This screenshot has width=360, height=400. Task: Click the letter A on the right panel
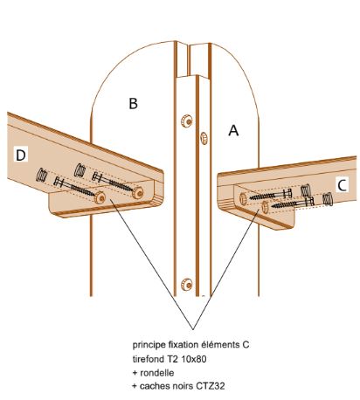pyautogui.click(x=233, y=130)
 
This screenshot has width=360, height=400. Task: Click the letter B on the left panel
pyautogui.click(x=133, y=104)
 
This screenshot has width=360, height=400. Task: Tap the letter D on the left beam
pyautogui.click(x=21, y=155)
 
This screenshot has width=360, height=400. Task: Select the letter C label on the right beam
pyautogui.click(x=342, y=185)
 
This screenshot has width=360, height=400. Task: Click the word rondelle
pyautogui.click(x=157, y=373)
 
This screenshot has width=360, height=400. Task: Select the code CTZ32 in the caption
pyautogui.click(x=210, y=386)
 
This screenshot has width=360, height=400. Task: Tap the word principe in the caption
pyautogui.click(x=149, y=345)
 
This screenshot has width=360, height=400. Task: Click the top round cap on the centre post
pyautogui.click(x=186, y=121)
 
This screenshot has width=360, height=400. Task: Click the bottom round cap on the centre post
pyautogui.click(x=186, y=284)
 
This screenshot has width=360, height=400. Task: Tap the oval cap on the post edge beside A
pyautogui.click(x=204, y=138)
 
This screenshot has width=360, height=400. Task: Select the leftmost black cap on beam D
pyautogui.click(x=42, y=176)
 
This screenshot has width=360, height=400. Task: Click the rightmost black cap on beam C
pyautogui.click(x=328, y=200)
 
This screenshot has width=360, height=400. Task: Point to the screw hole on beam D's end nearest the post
pyautogui.click(x=137, y=192)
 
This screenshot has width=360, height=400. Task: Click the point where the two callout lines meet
pyautogui.click(x=192, y=329)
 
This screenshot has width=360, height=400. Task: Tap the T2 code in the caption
pyautogui.click(x=172, y=359)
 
